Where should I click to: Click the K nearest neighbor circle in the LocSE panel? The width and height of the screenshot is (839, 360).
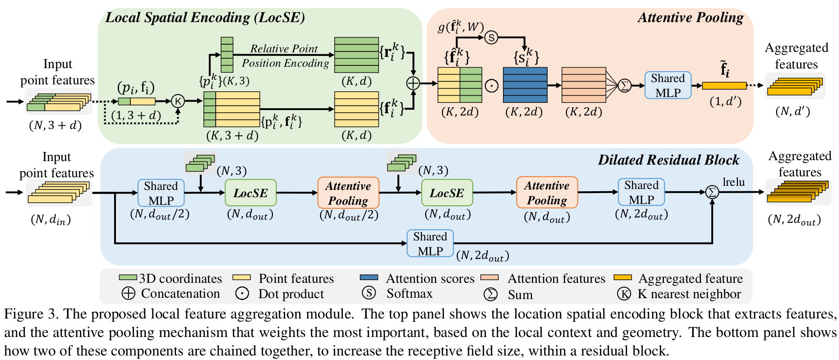pos(178,101)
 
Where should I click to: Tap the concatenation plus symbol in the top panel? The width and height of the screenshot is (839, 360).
pos(413,83)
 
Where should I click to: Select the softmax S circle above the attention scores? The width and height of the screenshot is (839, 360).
pos(491,37)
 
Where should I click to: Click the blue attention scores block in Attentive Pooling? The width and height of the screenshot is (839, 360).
pos(525,85)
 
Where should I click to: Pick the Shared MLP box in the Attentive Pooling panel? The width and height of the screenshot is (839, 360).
pos(668,85)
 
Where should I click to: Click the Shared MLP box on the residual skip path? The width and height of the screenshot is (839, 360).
pos(430,244)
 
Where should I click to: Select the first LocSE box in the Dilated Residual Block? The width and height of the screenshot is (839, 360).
pos(250,193)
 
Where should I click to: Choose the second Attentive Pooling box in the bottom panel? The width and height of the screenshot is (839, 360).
pos(547,193)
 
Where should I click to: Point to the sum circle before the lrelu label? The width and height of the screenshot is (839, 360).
pos(712,192)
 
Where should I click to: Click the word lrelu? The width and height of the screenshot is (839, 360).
pos(733,182)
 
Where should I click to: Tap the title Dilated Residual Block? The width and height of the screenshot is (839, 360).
pos(668,160)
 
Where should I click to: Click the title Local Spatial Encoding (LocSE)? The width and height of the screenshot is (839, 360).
pos(205,18)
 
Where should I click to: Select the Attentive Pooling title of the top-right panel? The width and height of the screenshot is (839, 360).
pos(690,18)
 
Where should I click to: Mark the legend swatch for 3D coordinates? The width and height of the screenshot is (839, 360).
pos(128,277)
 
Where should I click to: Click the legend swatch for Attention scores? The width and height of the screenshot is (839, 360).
pos(369,277)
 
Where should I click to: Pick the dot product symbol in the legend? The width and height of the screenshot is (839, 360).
pos(242,294)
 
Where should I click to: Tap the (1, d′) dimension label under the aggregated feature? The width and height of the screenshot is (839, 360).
pos(725,102)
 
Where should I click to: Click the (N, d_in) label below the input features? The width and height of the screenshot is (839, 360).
pos(51,220)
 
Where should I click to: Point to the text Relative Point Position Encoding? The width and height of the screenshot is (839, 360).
pos(285,56)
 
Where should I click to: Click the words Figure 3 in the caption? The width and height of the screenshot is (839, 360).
pos(31,314)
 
